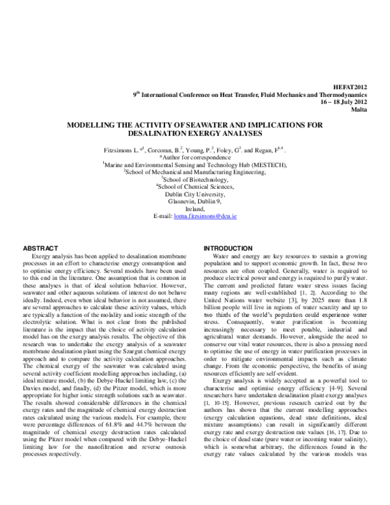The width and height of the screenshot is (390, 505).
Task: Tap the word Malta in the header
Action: click(359, 111)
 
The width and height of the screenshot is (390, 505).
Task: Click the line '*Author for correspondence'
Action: click(195, 158)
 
